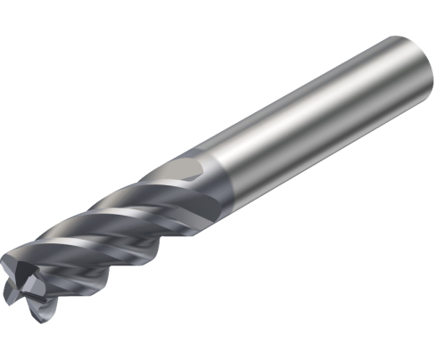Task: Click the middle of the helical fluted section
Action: click(x=116, y=232)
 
